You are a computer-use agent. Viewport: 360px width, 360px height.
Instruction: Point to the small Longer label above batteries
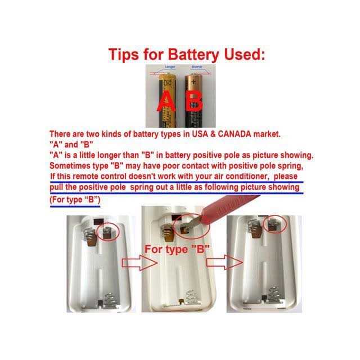click(169, 67)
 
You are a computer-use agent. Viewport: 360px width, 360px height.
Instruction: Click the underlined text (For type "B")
click(78, 200)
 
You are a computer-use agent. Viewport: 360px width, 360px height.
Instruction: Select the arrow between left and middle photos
click(132, 262)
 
